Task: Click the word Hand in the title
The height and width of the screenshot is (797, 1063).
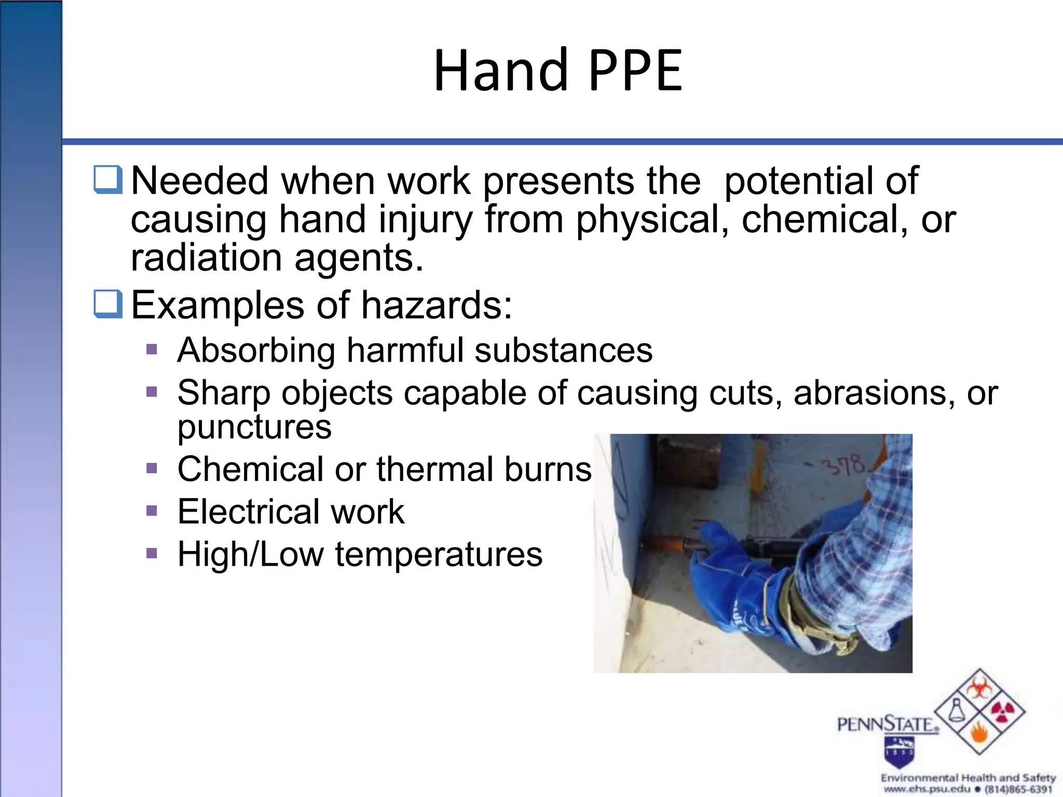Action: (x=500, y=71)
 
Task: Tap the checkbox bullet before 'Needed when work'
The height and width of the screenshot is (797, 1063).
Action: (x=108, y=180)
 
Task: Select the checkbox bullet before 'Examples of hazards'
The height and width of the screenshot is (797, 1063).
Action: (x=108, y=304)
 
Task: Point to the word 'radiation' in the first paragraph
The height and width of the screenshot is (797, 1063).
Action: (x=207, y=258)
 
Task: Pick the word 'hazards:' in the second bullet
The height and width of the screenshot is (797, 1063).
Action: (x=437, y=305)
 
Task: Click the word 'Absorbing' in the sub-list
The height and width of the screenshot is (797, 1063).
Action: (x=256, y=351)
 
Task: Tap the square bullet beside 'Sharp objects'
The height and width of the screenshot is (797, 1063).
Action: (x=152, y=391)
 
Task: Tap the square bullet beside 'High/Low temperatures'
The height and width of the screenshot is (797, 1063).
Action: (x=152, y=553)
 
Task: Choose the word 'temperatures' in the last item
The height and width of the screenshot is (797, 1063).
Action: (x=439, y=555)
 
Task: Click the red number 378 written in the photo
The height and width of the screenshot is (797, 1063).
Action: (x=844, y=465)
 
